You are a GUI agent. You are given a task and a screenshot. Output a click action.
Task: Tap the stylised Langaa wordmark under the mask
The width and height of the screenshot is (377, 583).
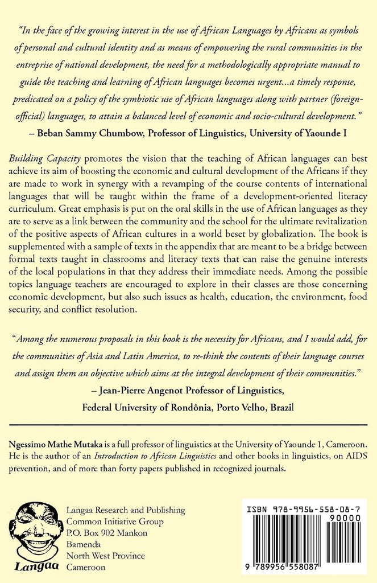(35, 566)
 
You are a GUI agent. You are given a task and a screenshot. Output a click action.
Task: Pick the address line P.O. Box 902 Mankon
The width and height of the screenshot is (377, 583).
(107, 532)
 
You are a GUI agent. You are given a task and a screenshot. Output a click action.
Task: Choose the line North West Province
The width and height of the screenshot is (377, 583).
(106, 555)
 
